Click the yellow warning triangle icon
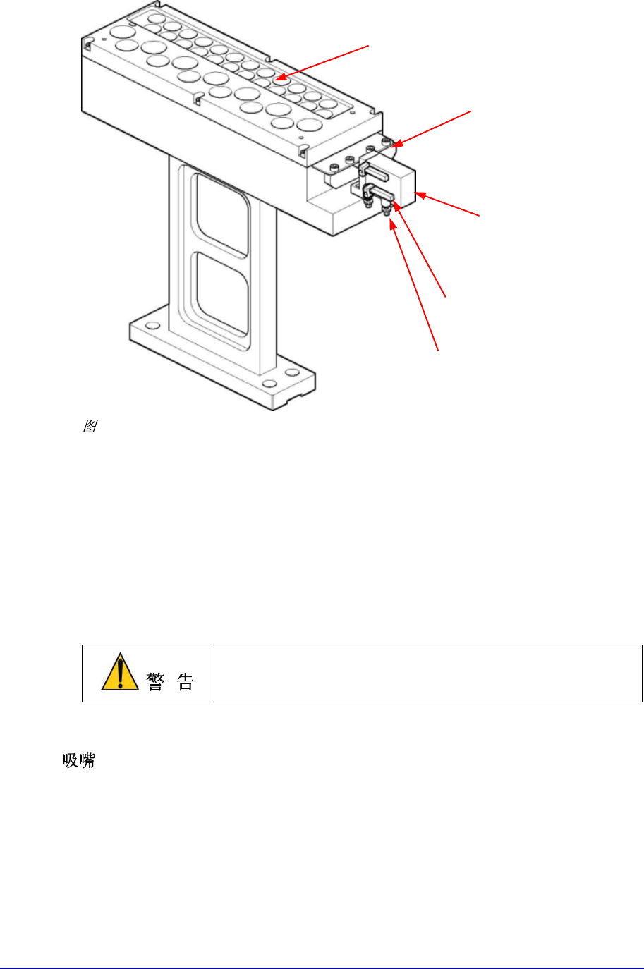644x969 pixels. click(x=120, y=672)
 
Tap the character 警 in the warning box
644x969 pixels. click(x=156, y=681)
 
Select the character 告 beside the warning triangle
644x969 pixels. click(x=186, y=681)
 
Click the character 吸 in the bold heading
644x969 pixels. click(x=70, y=761)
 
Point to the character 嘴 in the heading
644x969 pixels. click(x=87, y=761)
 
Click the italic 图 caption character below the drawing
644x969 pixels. click(x=90, y=426)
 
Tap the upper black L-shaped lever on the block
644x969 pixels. click(x=375, y=171)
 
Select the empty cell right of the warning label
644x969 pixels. click(x=427, y=673)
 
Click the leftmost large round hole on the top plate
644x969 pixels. click(x=121, y=32)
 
